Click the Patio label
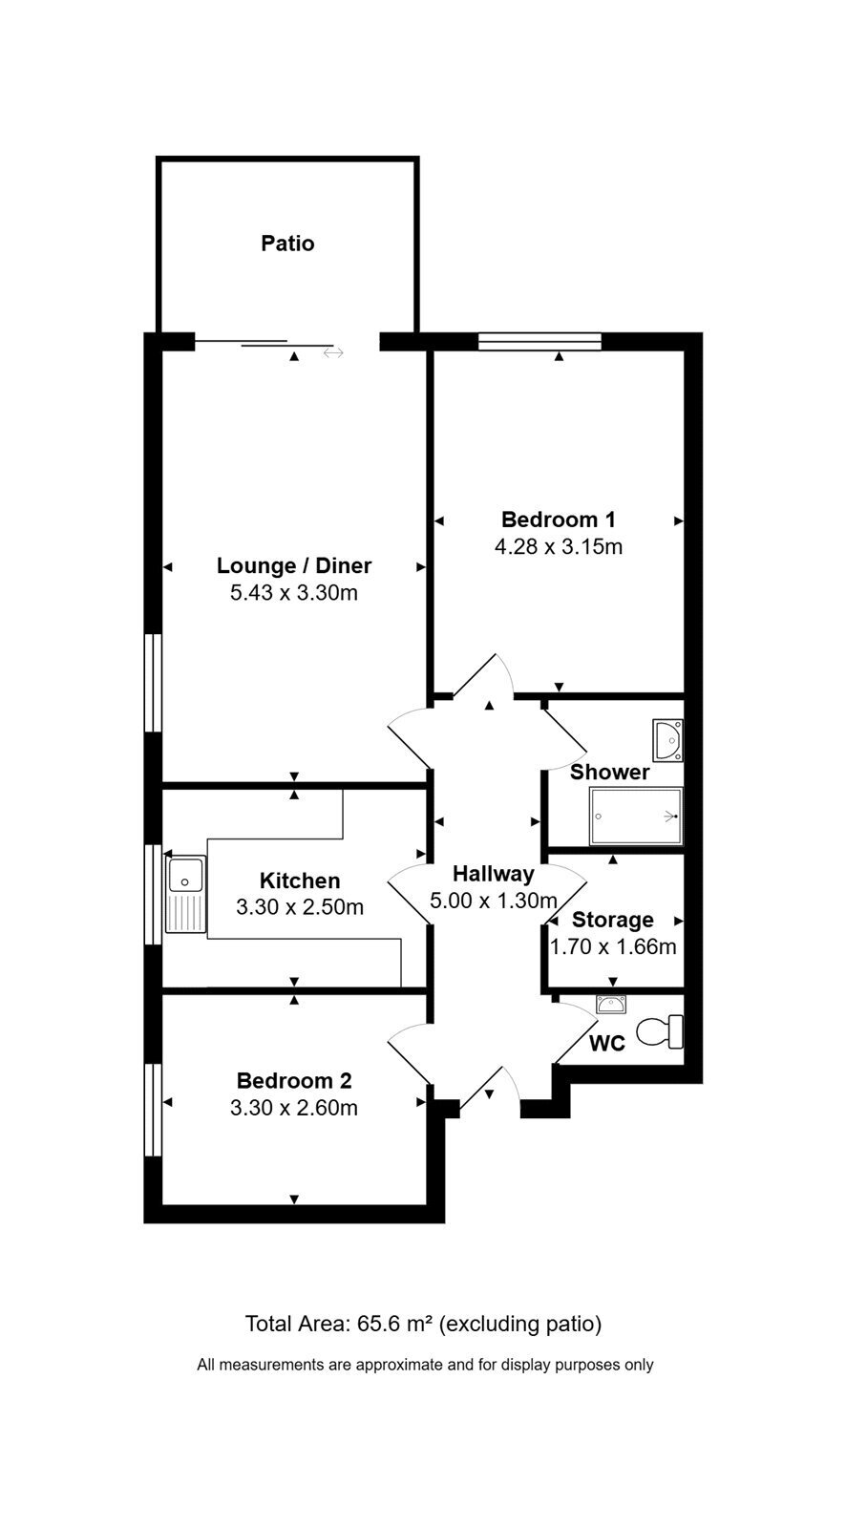click(287, 244)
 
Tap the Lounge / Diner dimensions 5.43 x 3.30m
click(293, 593)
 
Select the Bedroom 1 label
click(558, 520)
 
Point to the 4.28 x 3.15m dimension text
click(558, 547)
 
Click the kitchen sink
click(185, 894)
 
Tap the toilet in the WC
click(660, 1032)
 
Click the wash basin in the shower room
click(668, 739)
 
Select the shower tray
click(636, 817)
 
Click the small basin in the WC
click(611, 1004)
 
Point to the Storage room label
click(613, 921)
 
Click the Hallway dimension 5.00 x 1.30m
click(494, 901)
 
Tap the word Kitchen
click(300, 881)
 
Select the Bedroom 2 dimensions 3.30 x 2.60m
click(293, 1108)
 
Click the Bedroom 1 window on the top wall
click(539, 341)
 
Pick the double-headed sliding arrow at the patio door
click(333, 352)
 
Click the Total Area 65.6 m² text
click(423, 1324)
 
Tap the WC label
click(606, 1044)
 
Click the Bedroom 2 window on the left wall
click(153, 1110)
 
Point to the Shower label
click(609, 773)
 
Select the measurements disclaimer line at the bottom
click(425, 1365)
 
